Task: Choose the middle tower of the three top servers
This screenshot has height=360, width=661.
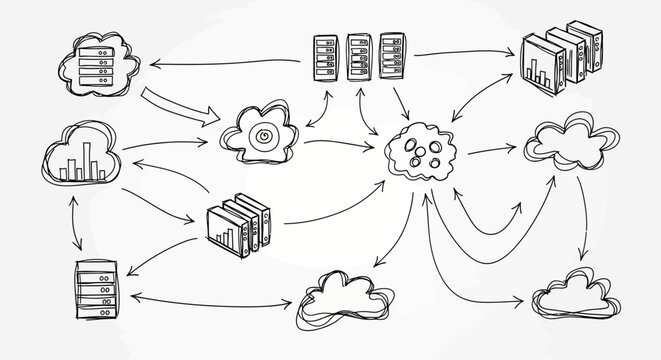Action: (x=356, y=56)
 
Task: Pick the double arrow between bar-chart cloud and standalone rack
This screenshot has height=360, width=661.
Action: (x=72, y=223)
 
